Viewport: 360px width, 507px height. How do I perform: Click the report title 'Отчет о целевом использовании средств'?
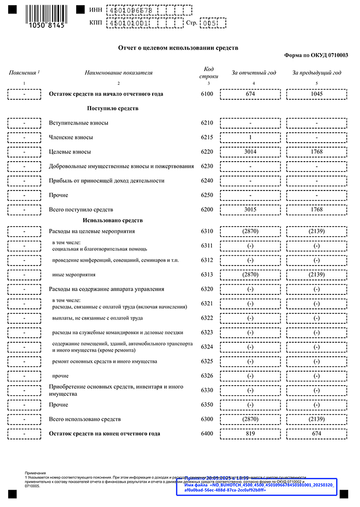click(x=178, y=47)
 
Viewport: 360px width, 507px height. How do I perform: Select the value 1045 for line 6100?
click(x=316, y=94)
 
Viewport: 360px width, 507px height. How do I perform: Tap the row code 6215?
click(x=207, y=137)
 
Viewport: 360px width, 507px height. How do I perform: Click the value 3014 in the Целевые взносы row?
click(x=250, y=152)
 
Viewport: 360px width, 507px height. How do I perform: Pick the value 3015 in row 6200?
click(x=250, y=209)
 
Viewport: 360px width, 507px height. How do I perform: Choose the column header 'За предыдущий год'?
click(x=316, y=73)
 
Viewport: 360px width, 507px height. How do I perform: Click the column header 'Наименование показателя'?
click(x=118, y=73)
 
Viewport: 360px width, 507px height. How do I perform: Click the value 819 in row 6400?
click(x=250, y=433)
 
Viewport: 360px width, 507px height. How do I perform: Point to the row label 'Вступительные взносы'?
click(x=78, y=123)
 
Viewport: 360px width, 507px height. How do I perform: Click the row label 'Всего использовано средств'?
click(x=84, y=419)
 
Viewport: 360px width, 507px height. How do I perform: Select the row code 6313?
click(x=207, y=275)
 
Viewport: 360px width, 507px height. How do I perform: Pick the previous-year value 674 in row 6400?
click(x=316, y=433)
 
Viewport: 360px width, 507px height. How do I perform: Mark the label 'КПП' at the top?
click(x=96, y=23)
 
